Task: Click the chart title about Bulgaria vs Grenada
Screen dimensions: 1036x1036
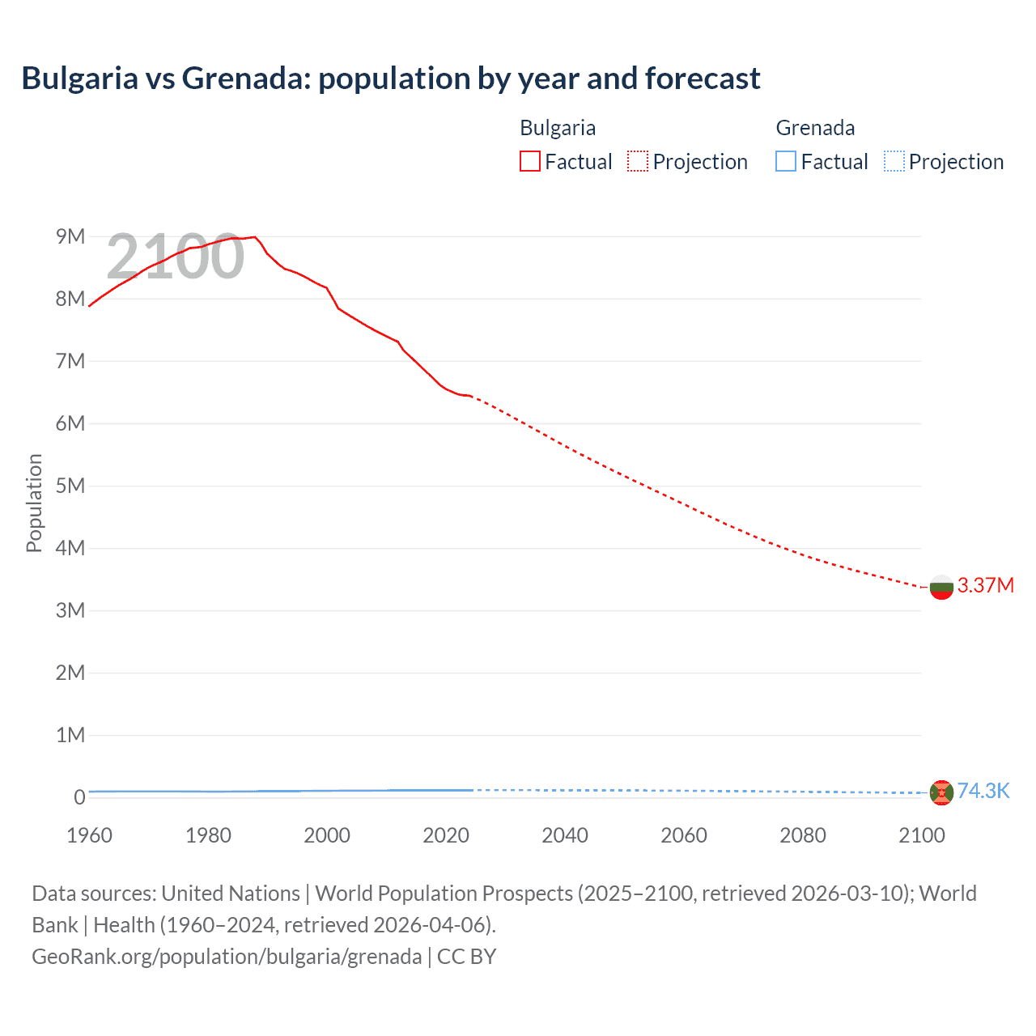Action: [390, 79]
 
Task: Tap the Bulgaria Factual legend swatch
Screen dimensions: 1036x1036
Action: [529, 162]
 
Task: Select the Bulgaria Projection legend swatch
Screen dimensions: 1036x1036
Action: [637, 162]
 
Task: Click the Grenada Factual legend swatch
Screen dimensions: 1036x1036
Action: [785, 162]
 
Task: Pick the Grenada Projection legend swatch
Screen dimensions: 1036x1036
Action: [894, 162]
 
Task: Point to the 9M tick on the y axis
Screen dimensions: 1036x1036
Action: [70, 236]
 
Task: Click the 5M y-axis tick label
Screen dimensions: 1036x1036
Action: [70, 486]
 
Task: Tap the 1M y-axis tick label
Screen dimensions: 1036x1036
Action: [70, 735]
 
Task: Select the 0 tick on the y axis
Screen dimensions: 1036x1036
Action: [79, 797]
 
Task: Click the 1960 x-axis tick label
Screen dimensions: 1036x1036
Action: [89, 835]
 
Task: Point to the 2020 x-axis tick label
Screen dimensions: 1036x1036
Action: [446, 835]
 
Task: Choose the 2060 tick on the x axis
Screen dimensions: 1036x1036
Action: [684, 835]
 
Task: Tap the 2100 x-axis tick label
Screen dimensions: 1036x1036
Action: [921, 835]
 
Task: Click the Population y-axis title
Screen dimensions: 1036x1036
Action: [34, 503]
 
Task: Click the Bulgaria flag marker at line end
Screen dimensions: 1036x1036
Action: [941, 587]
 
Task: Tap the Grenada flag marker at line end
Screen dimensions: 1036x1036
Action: [941, 792]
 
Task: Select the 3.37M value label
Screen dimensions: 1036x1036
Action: [985, 585]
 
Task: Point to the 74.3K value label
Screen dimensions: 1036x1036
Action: [983, 791]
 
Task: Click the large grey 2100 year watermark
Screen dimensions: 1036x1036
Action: [175, 257]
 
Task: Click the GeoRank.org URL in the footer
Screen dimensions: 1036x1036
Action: [227, 957]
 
